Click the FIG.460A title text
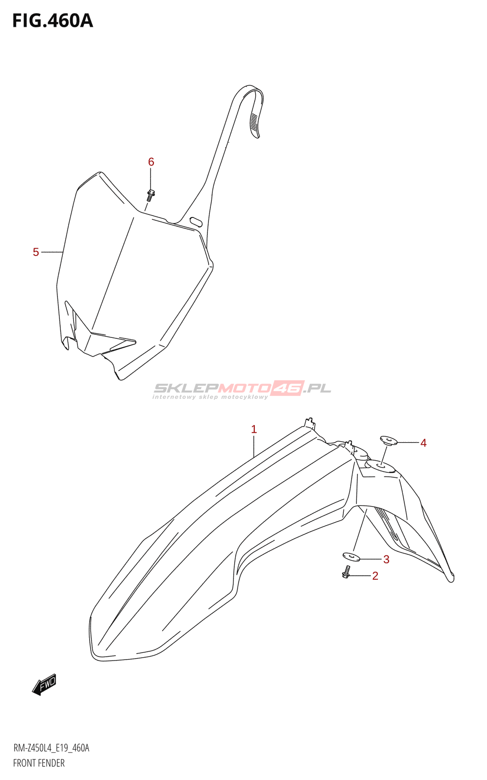52,21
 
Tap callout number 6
151,162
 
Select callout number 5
36,252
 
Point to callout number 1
254,429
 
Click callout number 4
423,443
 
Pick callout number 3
386,559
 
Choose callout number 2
375,576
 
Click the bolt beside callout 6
150,195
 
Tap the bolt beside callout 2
346,572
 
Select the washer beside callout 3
351,556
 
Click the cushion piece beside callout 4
389,441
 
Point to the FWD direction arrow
44,684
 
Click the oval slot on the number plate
196,221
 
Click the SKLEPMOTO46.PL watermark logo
242,389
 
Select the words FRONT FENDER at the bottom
39,763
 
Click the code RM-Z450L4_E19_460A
51,748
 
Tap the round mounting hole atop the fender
380,467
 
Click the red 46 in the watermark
287,388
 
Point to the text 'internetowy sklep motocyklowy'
210,397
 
